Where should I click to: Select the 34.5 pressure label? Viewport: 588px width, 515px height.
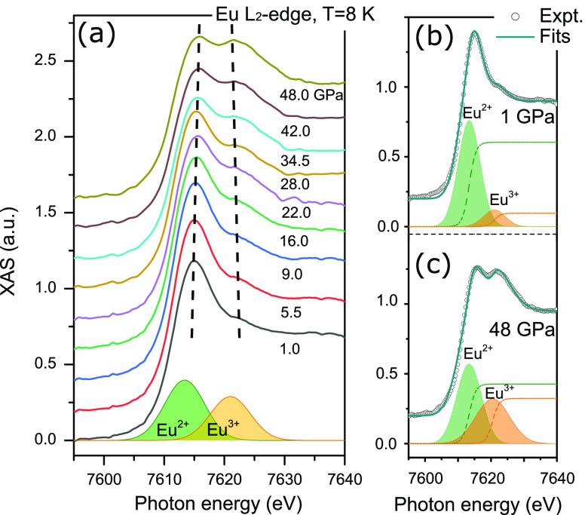pyautogui.click(x=296, y=161)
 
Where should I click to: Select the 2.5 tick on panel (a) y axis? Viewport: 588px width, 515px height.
pyautogui.click(x=50, y=60)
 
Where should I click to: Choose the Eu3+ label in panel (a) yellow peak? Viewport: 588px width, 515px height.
pyautogui.click(x=223, y=431)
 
